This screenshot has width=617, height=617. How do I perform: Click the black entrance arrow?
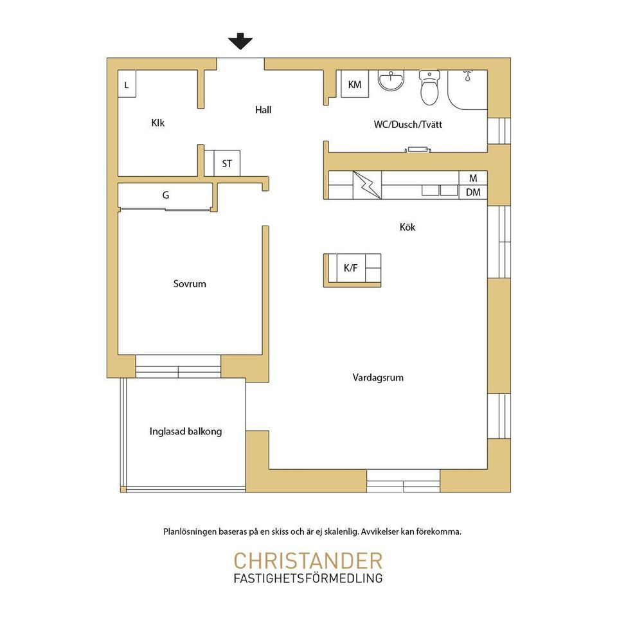(240, 41)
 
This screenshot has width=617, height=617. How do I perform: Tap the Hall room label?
(263, 110)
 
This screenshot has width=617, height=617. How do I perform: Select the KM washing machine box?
(355, 84)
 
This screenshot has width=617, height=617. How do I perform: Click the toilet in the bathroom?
(429, 87)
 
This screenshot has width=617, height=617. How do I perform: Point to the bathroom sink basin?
(391, 80)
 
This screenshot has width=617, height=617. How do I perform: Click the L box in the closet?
(127, 84)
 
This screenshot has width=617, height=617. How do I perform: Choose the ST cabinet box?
(227, 163)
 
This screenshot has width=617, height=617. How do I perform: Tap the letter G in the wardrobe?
(166, 195)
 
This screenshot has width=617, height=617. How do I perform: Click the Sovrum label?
(190, 283)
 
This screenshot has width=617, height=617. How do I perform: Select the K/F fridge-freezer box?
(351, 268)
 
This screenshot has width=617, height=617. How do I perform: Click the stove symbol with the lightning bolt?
(367, 185)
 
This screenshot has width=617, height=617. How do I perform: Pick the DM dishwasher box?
(473, 192)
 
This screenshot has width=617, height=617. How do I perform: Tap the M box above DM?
(473, 178)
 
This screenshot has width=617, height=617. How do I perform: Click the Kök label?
(407, 227)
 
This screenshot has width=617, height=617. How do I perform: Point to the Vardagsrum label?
(378, 378)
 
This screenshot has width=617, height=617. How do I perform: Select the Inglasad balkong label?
(186, 432)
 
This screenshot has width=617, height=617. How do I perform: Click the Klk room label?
(158, 123)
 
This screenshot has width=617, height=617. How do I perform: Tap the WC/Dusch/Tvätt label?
(408, 124)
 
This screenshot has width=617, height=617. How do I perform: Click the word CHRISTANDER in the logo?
(308, 561)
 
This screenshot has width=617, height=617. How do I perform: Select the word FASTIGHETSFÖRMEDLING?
(308, 578)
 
